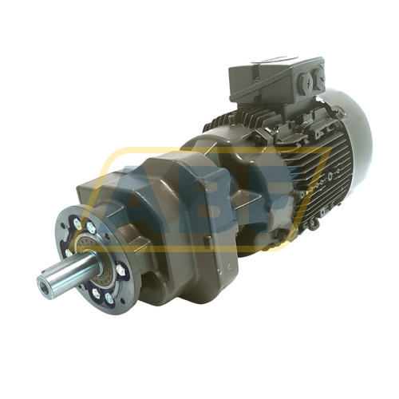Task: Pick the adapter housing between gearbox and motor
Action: pos(207,152)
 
